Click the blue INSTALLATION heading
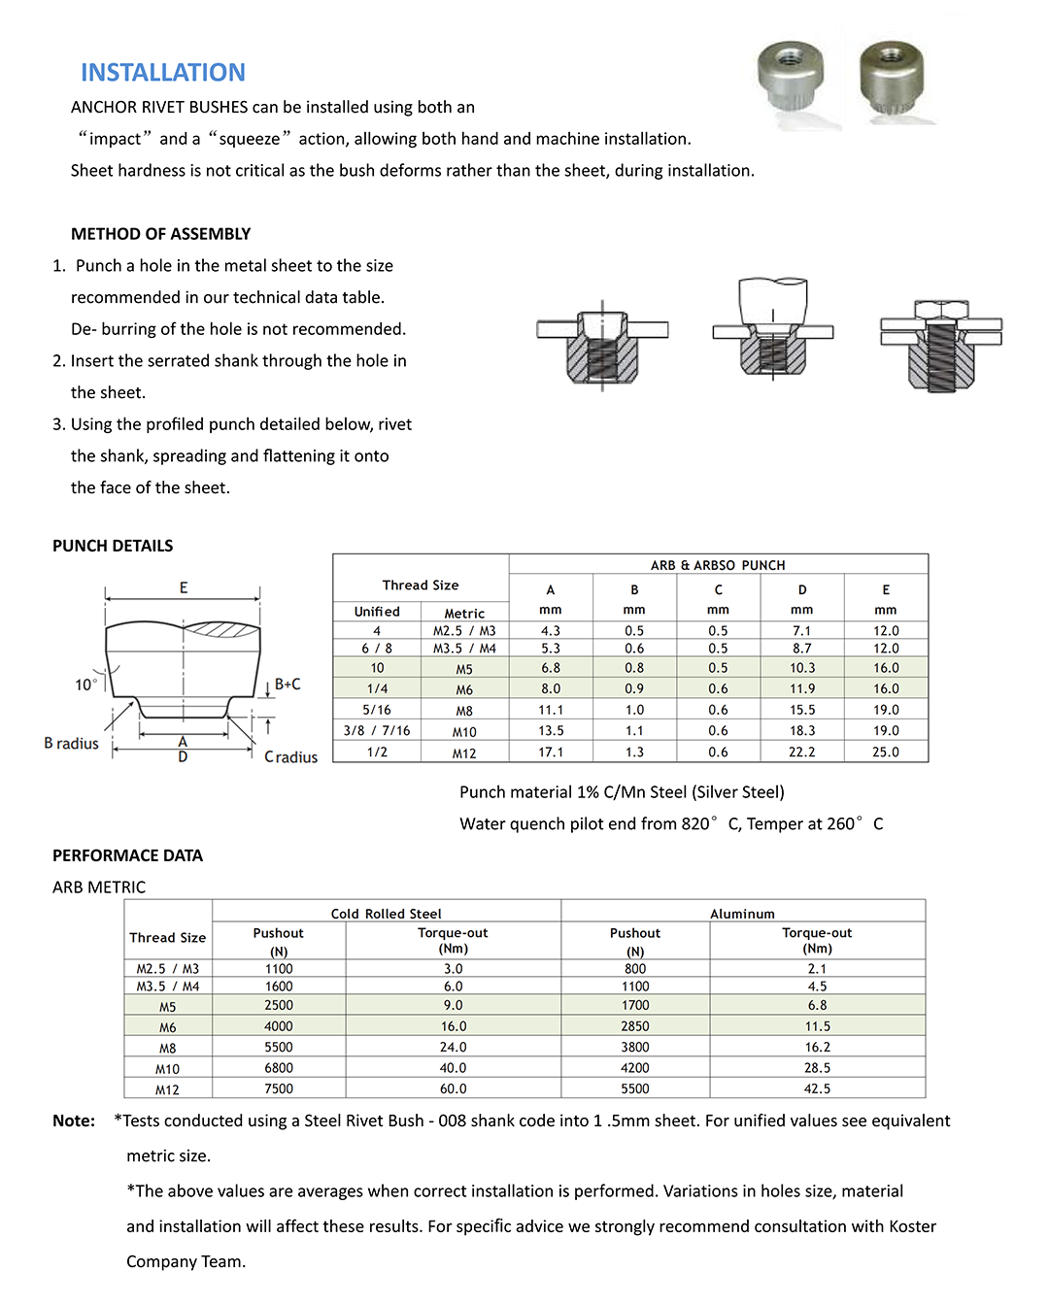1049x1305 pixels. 162,73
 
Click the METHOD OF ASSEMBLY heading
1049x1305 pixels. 160,234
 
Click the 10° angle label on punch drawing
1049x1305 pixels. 85,685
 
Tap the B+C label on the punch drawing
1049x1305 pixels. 288,685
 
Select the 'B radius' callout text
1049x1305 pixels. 71,744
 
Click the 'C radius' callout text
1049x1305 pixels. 290,757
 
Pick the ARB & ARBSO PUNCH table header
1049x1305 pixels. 718,565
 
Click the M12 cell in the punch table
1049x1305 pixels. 464,753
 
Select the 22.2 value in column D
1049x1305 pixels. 801,753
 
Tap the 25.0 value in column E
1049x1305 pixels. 885,753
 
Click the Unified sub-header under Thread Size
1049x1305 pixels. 377,612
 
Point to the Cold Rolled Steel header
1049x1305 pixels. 386,914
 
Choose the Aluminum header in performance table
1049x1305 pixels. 742,914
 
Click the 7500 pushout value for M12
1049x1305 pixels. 279,1089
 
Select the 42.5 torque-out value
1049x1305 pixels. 817,1089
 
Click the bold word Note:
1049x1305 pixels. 74,1121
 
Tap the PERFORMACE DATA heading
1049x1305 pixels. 127,855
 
